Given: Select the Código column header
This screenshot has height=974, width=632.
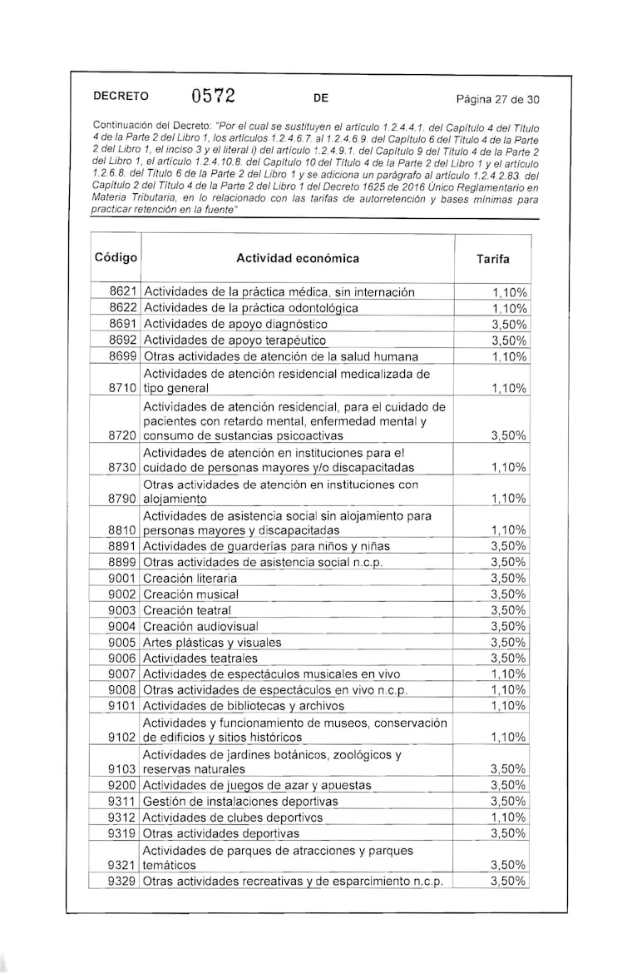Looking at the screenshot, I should [x=116, y=257].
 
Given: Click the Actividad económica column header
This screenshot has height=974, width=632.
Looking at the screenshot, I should [x=298, y=258].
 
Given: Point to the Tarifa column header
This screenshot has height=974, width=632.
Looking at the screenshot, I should [x=493, y=259].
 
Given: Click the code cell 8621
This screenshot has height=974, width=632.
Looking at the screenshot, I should [x=123, y=292].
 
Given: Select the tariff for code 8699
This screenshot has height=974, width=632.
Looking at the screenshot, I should [x=508, y=356].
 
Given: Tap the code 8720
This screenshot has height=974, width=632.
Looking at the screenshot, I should [x=123, y=435].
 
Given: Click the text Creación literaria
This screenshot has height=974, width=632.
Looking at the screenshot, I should [x=190, y=578].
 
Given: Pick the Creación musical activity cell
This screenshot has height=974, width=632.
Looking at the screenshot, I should [x=191, y=594].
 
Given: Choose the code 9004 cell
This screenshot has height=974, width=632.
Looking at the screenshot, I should [x=123, y=626].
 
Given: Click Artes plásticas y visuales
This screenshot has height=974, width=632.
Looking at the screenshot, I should [x=212, y=643].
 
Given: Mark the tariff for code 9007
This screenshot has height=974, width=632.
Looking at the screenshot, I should [x=508, y=673].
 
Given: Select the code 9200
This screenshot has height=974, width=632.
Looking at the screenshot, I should [x=123, y=785].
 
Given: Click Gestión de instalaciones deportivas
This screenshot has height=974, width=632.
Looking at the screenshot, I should [x=241, y=801].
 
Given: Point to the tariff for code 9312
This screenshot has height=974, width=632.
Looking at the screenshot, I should [x=508, y=817].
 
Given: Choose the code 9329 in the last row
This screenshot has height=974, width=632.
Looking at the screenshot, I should [x=123, y=881].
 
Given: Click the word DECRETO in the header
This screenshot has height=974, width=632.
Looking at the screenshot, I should [x=121, y=97].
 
